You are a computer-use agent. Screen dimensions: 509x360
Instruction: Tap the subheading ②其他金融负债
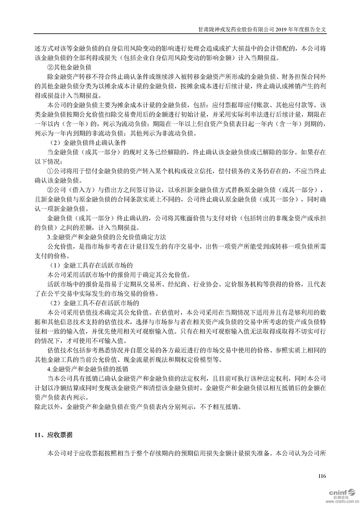point(61,67)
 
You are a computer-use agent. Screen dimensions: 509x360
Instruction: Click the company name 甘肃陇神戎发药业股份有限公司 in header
point(233,28)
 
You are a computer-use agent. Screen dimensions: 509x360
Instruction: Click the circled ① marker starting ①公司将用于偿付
point(50,171)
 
